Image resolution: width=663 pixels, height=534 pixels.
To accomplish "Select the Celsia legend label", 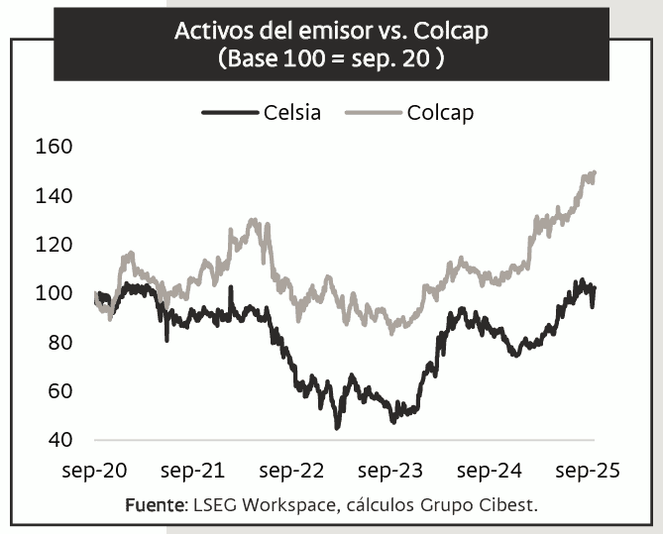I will click(x=292, y=112).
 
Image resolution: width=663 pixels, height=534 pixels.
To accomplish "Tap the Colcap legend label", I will click(x=440, y=112).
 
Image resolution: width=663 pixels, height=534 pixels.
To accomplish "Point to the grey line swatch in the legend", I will click(x=373, y=112).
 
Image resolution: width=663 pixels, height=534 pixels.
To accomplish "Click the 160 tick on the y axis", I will click(x=55, y=147).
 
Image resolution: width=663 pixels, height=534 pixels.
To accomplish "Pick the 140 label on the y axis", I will click(x=55, y=196).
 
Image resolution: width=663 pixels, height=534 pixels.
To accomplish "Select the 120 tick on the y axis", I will click(x=55, y=245).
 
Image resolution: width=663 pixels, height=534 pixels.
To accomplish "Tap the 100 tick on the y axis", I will click(x=55, y=293).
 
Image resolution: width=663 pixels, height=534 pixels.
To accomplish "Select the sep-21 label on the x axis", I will click(x=192, y=471).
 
